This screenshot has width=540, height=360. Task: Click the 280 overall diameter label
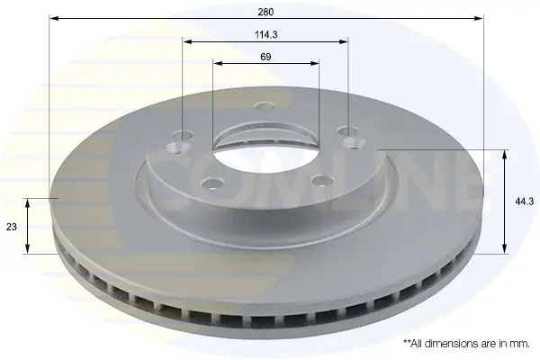265,12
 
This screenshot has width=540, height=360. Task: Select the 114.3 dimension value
266,35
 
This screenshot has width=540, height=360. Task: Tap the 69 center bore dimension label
265,57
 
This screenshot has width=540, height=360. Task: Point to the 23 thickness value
12,227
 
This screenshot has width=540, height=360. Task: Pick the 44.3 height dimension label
524,202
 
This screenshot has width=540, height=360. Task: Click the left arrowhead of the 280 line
54,18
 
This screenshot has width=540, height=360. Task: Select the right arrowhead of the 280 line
479,18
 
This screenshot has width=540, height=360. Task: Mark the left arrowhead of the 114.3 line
187,41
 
